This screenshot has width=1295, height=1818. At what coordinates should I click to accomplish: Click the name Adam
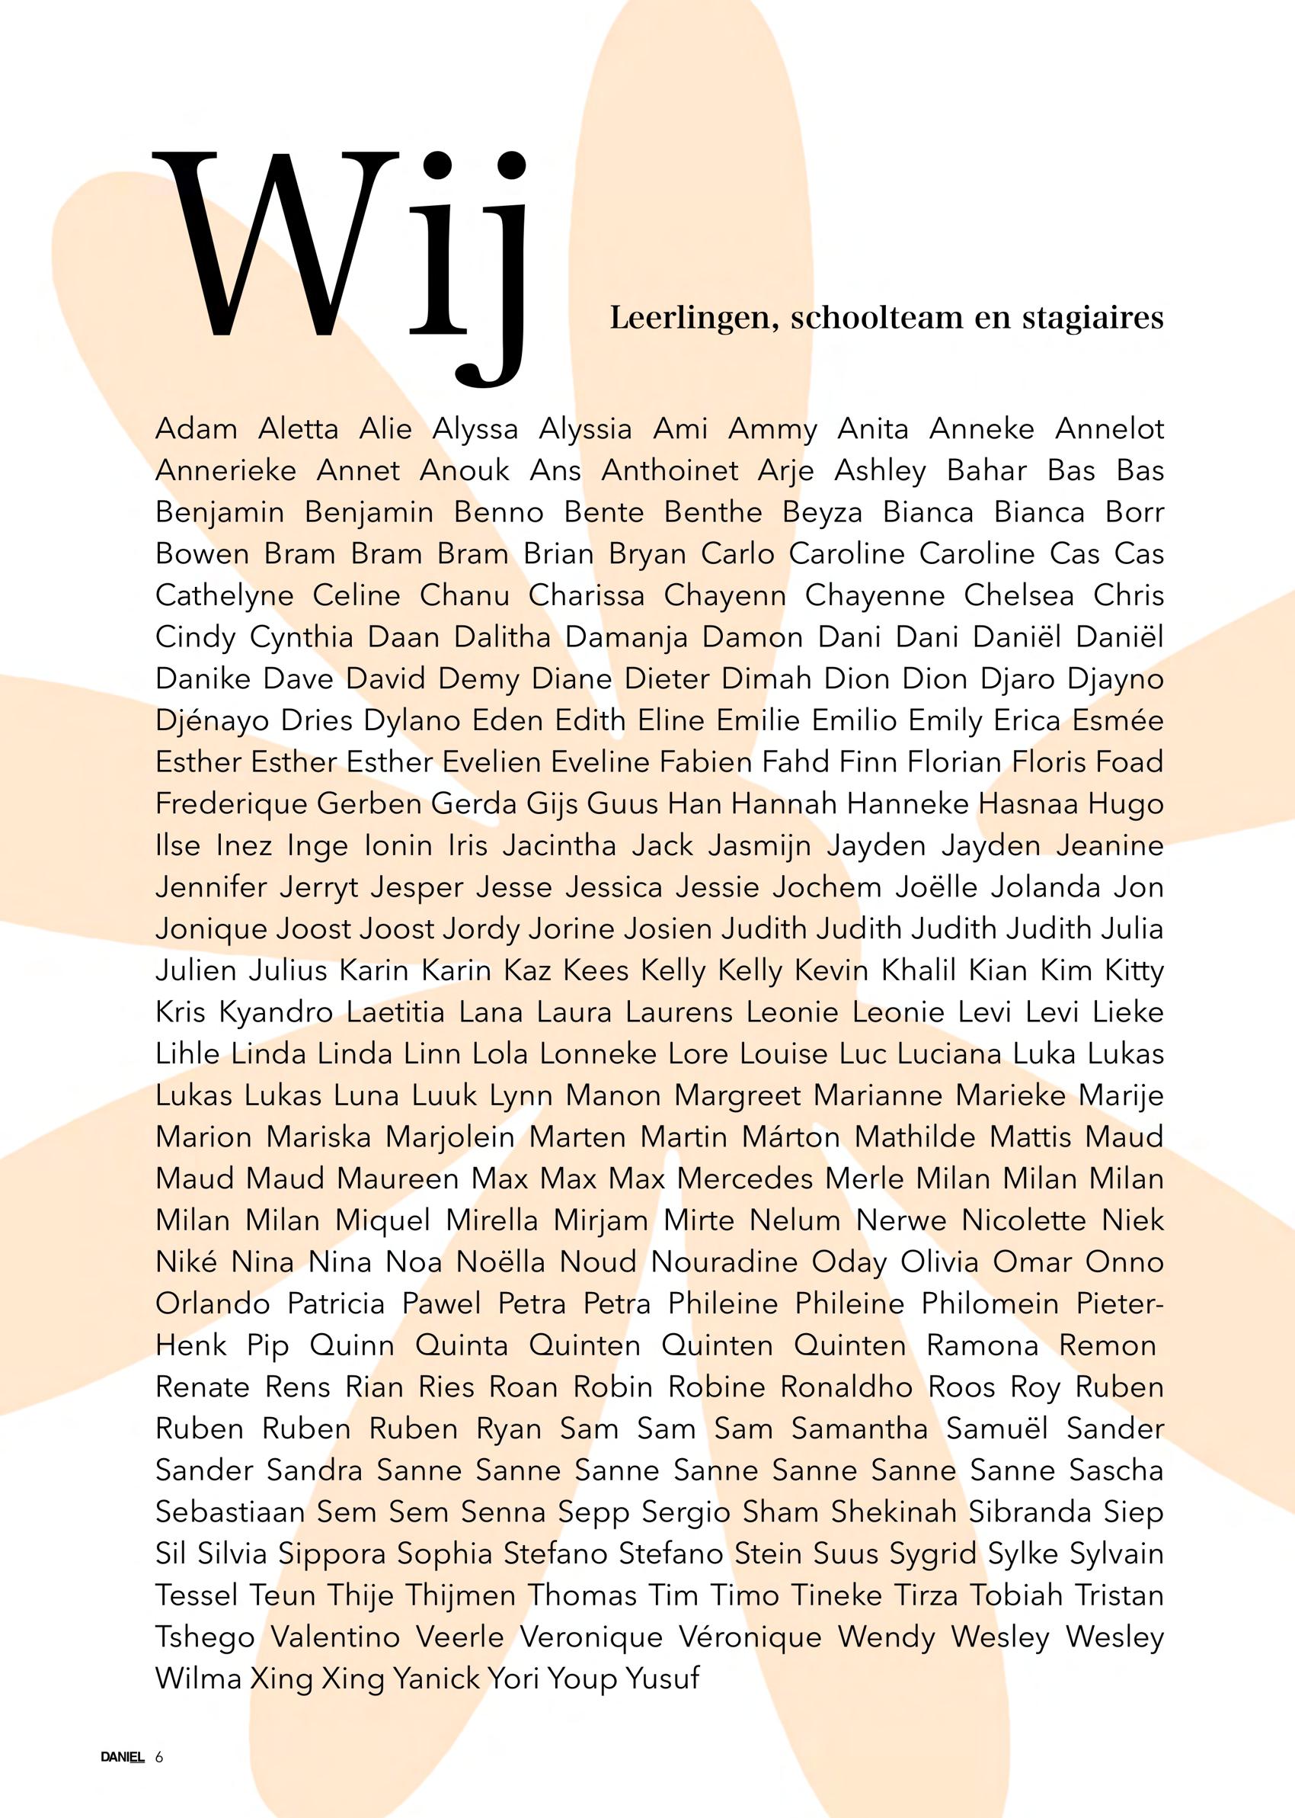click(x=197, y=429)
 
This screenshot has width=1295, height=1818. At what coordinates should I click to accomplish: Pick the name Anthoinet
click(x=670, y=470)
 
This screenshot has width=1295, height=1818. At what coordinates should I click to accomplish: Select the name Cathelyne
click(x=224, y=596)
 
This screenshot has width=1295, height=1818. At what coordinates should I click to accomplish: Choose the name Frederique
click(x=231, y=804)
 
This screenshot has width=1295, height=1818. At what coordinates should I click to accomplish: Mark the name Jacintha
click(x=559, y=845)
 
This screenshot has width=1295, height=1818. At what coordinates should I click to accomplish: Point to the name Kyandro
click(x=275, y=1012)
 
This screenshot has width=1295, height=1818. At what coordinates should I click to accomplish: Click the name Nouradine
click(x=724, y=1262)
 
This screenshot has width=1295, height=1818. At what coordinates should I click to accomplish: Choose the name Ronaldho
click(x=846, y=1387)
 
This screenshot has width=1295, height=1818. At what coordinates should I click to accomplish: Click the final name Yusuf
click(x=662, y=1679)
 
